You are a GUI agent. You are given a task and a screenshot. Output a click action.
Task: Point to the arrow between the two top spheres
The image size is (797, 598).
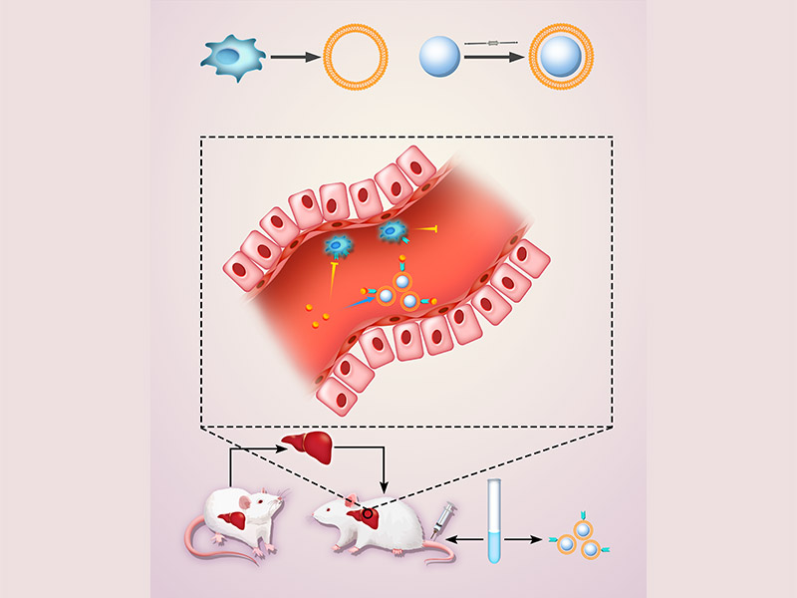click(x=494, y=58)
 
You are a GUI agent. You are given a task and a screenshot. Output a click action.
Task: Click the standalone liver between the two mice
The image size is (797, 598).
click(x=305, y=445)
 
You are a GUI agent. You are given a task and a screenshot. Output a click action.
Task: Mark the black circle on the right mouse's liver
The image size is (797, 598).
click(x=370, y=515)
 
